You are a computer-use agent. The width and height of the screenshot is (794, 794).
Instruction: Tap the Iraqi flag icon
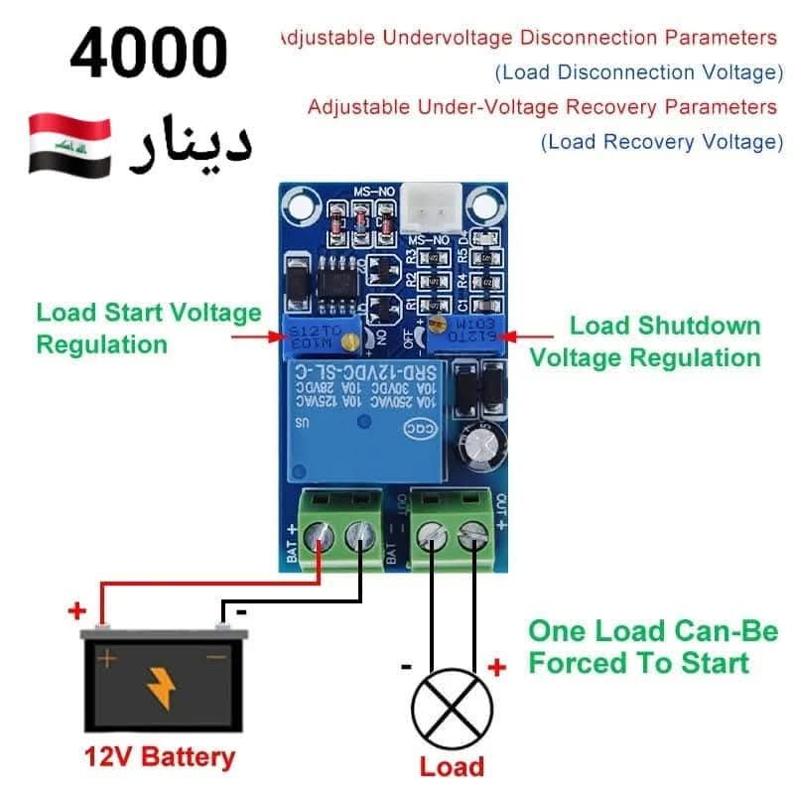[x=67, y=146]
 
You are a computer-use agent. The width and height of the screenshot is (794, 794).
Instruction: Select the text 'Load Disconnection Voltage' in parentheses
[x=639, y=72]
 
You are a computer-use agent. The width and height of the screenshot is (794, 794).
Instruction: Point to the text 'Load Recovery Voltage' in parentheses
[x=662, y=142]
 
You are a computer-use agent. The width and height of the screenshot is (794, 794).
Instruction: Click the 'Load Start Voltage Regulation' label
[x=148, y=329]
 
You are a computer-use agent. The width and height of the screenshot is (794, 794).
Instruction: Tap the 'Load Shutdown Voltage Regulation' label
[x=645, y=341]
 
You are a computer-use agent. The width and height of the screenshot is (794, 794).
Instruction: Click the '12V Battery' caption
[x=160, y=757]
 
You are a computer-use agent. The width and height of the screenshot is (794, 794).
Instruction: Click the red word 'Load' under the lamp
[x=452, y=766]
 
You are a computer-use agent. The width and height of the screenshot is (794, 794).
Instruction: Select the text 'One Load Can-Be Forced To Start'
[x=652, y=646]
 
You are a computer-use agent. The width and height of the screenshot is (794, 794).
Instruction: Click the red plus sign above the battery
[x=76, y=609]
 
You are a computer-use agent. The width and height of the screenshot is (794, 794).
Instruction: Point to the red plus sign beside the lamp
[x=498, y=668]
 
